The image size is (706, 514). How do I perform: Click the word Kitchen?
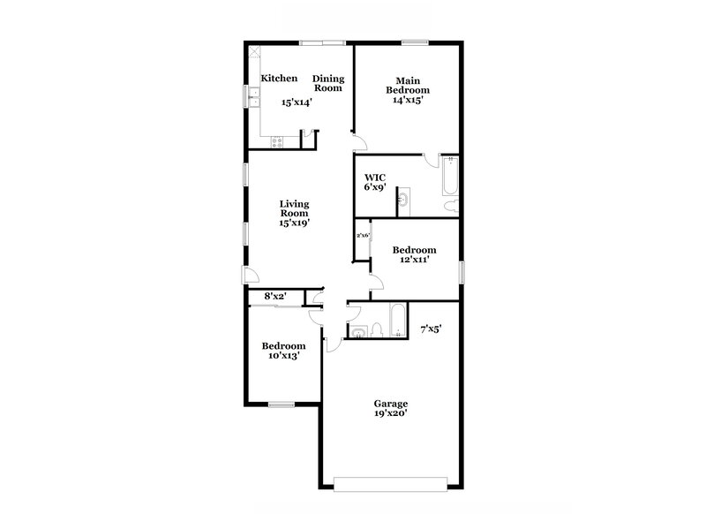point(278,79)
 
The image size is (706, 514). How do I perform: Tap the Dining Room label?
point(328,83)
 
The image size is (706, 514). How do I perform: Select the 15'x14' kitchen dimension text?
point(297,102)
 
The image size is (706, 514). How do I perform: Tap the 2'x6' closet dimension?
point(362,236)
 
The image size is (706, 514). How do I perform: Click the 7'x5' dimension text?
point(431,329)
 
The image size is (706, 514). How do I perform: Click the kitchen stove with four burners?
point(277,140)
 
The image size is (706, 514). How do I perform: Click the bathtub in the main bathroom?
point(449,177)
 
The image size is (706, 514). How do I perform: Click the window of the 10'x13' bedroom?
point(281,404)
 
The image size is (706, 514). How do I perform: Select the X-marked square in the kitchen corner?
point(253,51)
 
